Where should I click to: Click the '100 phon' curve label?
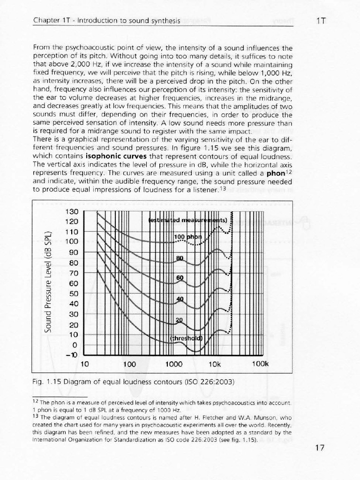point(187,237)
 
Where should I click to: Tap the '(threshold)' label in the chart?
point(186,337)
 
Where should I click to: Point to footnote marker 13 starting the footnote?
point(37,416)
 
